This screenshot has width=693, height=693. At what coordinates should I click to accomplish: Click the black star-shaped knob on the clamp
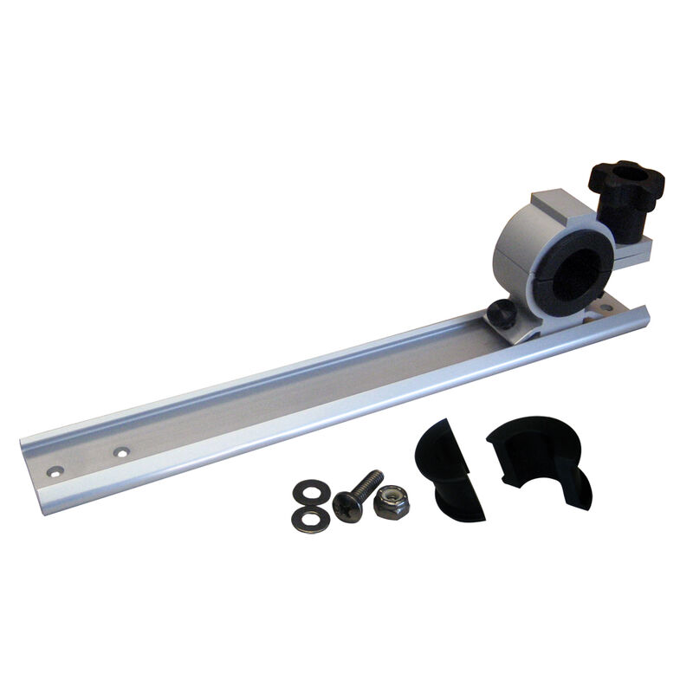pos(625,184)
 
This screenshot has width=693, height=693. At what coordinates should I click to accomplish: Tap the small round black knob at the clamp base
pos(497,314)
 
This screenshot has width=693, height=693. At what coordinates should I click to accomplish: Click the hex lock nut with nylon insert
pos(392,502)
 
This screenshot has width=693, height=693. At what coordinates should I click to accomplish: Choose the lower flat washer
pos(310,520)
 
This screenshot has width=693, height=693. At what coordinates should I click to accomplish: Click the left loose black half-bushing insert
pos(449,468)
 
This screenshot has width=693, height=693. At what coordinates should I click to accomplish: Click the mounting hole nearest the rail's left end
pos(55,471)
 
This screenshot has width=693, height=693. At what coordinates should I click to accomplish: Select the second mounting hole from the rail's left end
pos(121,451)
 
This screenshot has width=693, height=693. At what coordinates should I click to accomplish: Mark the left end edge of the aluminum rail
pos(28,468)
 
